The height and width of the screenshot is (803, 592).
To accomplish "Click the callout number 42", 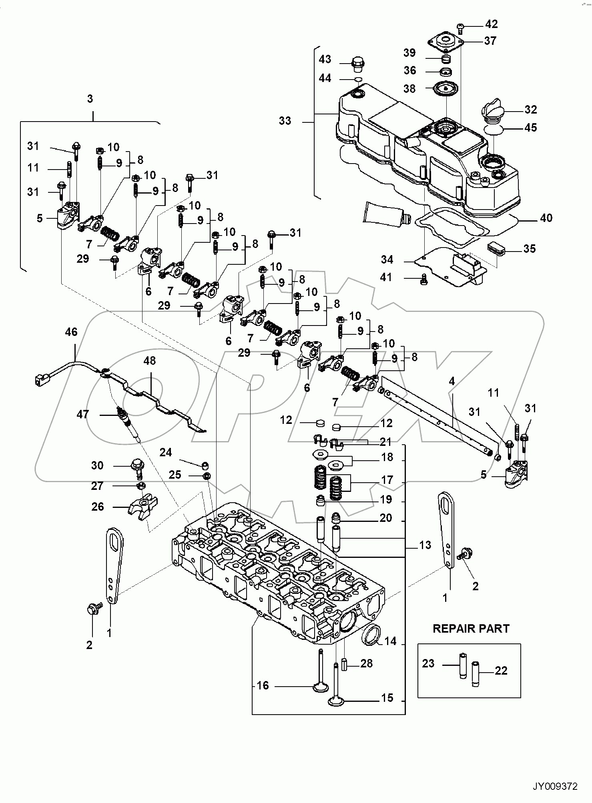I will [x=491, y=24].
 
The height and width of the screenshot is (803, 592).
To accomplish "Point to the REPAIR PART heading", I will [x=471, y=628].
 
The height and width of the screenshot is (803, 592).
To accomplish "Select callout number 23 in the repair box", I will [x=428, y=663].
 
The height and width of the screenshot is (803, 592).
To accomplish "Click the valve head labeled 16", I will [x=321, y=687].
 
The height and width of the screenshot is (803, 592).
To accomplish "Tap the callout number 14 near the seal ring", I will [x=390, y=641].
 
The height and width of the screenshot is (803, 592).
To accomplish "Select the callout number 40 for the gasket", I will [x=546, y=218].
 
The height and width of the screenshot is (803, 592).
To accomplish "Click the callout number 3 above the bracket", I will [x=90, y=99].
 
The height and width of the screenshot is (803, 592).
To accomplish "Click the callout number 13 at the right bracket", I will [x=425, y=545].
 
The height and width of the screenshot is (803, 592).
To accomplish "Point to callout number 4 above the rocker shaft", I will [x=452, y=381].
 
